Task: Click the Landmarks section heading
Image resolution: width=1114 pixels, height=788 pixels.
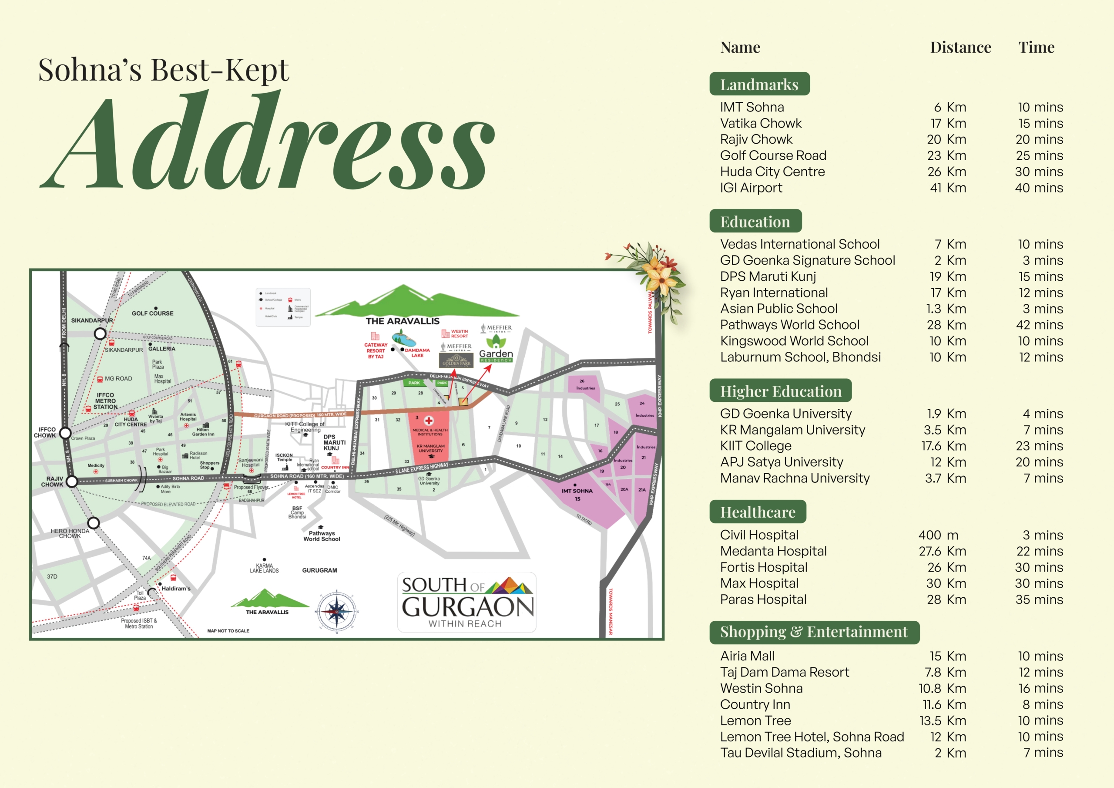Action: point(759,84)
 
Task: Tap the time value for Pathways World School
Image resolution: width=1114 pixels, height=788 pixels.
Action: point(1039,325)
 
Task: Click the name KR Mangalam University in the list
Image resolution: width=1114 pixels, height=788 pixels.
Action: point(792,430)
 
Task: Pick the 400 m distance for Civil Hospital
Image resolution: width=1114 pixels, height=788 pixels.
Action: point(938,535)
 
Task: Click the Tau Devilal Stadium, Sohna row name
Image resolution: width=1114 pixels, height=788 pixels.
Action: point(801,753)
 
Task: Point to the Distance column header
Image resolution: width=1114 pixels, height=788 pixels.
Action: point(960,47)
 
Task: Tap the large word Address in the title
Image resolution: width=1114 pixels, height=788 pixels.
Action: point(267,141)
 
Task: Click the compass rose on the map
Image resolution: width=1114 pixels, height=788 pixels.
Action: point(337,612)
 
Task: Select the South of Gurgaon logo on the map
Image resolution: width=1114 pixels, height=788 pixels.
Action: point(467,602)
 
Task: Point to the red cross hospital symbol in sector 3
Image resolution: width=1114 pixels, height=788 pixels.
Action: point(429,421)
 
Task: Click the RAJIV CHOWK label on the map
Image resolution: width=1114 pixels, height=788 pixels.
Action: point(52,481)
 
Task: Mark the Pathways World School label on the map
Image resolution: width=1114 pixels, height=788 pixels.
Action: point(322,536)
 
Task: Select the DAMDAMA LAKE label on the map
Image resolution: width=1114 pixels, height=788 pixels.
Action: point(417,353)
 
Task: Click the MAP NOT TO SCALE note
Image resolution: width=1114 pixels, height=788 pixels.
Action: point(228,631)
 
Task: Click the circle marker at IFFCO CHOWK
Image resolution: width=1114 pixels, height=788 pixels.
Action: point(65,433)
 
